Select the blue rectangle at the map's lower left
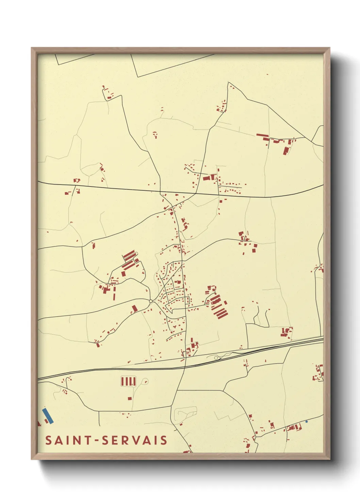click(48, 416)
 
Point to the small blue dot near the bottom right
click(306, 422)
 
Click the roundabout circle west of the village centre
click(151, 301)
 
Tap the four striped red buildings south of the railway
click(128, 381)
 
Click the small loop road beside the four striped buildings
click(145, 381)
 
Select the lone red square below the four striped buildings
click(130, 398)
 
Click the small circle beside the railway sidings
click(216, 358)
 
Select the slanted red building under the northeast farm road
click(285, 150)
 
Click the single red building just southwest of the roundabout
click(134, 309)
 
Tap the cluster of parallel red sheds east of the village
click(218, 306)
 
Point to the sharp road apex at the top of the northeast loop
click(228, 82)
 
